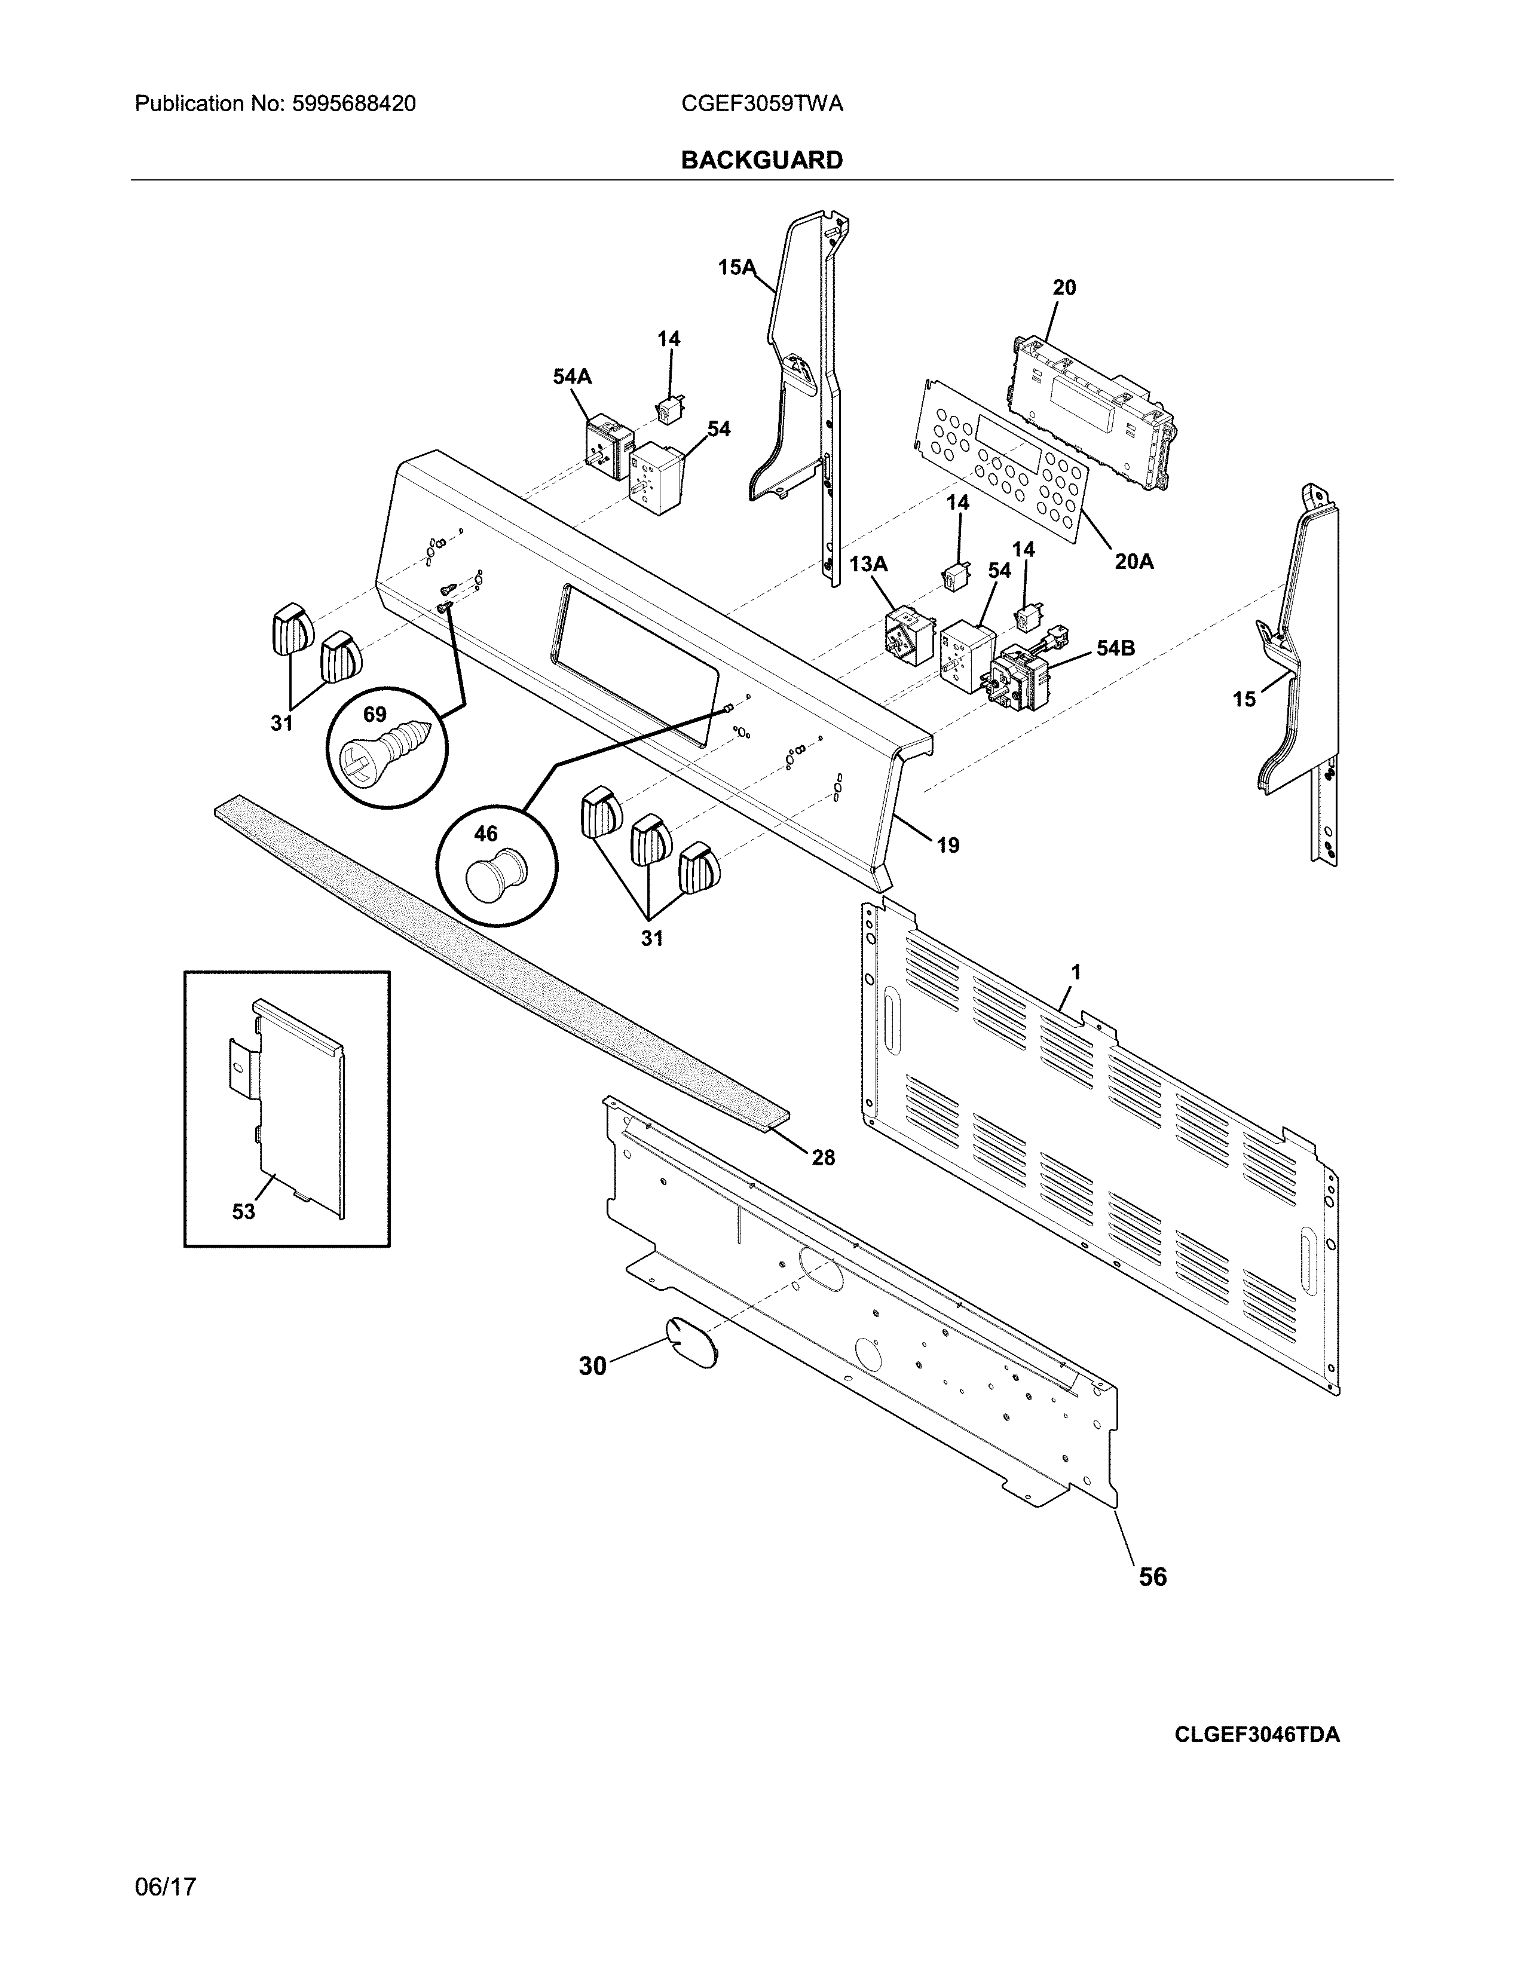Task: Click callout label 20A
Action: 1133,562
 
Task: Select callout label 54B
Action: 1115,647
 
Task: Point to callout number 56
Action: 1152,1576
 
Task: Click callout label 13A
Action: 868,564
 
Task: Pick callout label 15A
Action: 736,267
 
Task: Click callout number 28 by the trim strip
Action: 822,1157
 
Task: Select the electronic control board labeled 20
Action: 1092,411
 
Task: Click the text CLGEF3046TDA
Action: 1257,1735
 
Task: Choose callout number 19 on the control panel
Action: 947,845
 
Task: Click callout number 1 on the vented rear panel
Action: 1075,972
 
